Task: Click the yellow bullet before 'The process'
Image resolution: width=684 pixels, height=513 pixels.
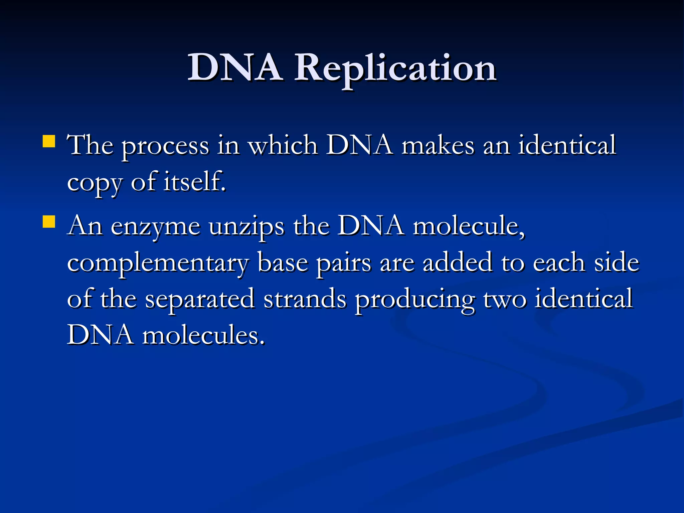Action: (x=49, y=141)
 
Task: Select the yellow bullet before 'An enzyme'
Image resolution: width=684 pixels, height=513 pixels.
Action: (x=49, y=221)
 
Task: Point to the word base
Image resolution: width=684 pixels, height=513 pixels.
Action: (x=283, y=263)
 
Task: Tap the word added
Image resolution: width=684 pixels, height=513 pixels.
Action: (x=458, y=263)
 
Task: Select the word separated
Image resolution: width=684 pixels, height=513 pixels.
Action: (x=200, y=300)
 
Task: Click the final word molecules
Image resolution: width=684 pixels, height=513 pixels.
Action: (x=204, y=335)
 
